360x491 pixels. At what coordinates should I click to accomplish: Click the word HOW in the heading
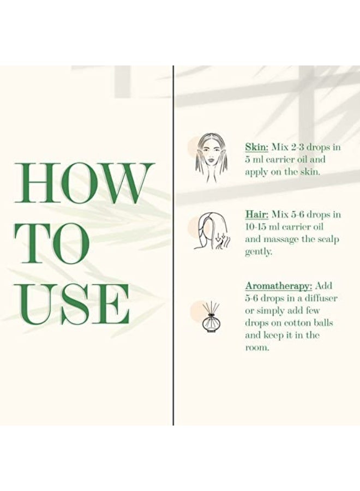(85, 183)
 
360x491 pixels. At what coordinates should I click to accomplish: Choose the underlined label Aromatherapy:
(279, 286)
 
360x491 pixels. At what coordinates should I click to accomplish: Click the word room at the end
(257, 348)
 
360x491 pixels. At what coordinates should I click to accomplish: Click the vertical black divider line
(173, 245)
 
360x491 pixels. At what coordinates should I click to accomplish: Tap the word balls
(325, 322)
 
